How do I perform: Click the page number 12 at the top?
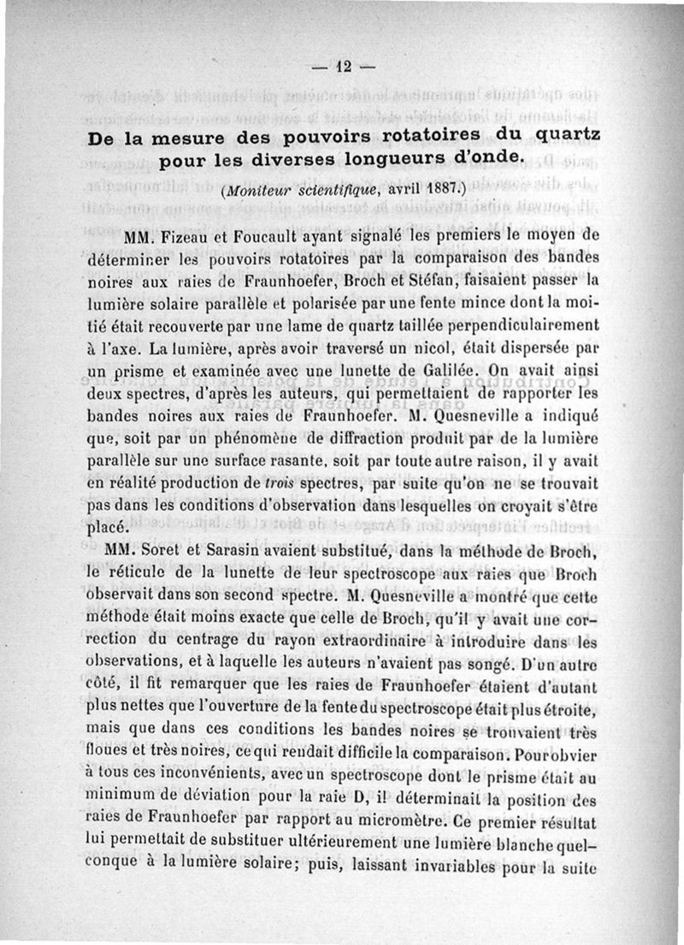[345, 65]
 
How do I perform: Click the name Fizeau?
[188, 235]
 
